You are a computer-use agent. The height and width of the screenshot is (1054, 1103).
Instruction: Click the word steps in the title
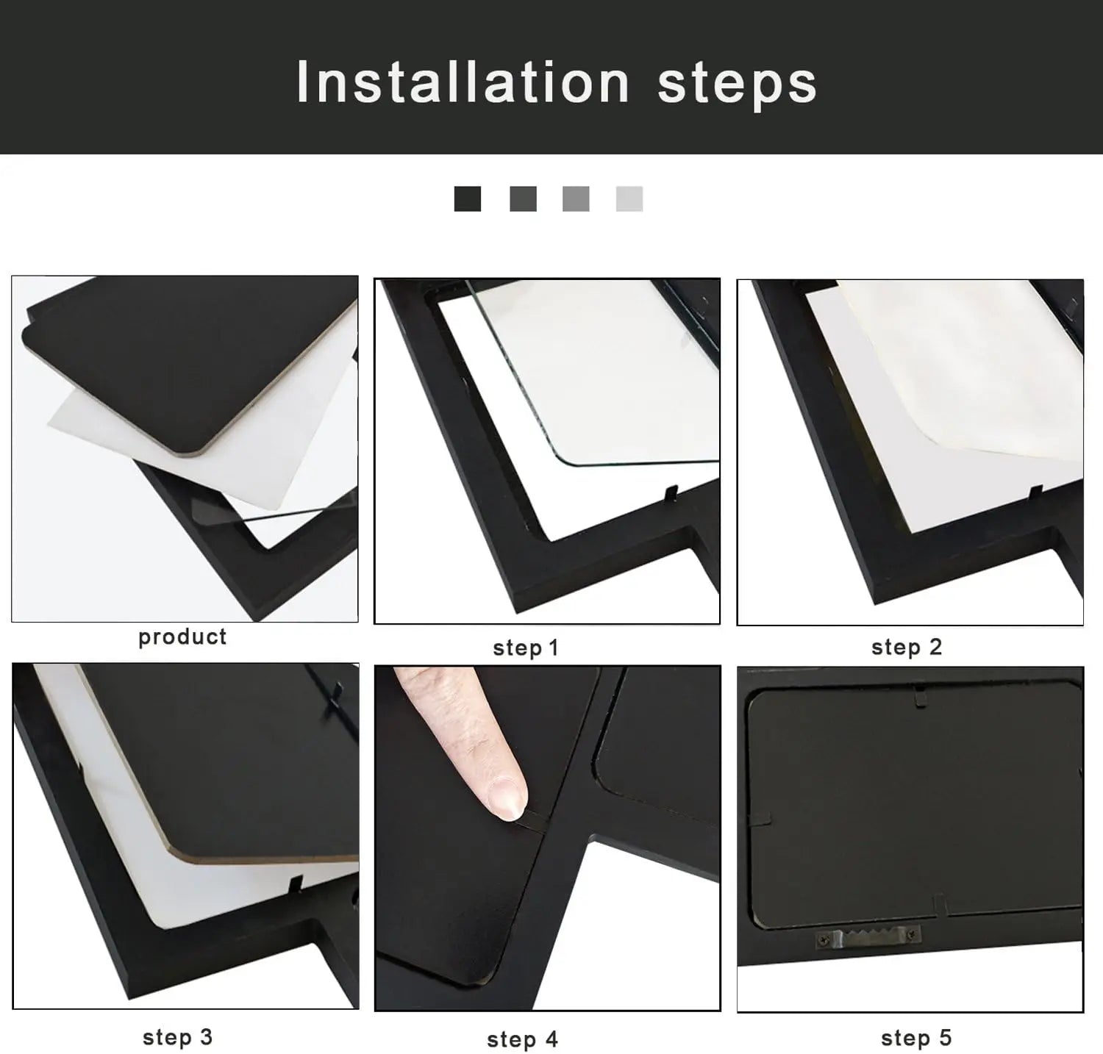pyautogui.click(x=737, y=84)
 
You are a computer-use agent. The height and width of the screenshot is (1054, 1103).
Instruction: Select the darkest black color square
pyautogui.click(x=468, y=198)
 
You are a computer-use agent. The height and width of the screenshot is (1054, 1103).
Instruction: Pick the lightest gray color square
pyautogui.click(x=629, y=198)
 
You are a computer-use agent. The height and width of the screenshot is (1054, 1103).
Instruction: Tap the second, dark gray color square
pyautogui.click(x=523, y=198)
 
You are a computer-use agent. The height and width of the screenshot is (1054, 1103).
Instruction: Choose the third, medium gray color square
pyautogui.click(x=576, y=198)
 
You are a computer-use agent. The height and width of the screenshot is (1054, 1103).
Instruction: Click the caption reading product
pyautogui.click(x=182, y=637)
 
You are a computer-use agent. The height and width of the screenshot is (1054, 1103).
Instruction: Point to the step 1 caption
pyautogui.click(x=526, y=648)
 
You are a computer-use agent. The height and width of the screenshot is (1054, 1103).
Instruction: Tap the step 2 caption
pyautogui.click(x=907, y=647)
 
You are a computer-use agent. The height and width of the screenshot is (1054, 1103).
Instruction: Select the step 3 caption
pyautogui.click(x=177, y=1037)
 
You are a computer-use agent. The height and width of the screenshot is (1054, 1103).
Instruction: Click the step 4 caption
pyautogui.click(x=522, y=1039)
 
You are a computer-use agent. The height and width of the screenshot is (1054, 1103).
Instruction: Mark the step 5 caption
pyautogui.click(x=916, y=1038)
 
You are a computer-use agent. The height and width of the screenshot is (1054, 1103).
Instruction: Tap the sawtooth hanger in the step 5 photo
pyautogui.click(x=868, y=936)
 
